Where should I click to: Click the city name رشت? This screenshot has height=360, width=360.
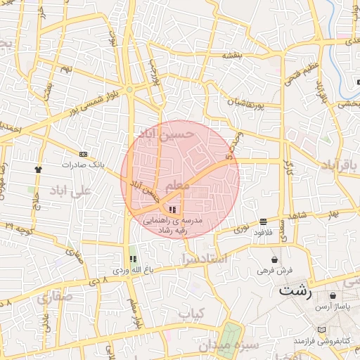point(295,290)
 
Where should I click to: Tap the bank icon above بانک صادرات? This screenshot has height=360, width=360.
point(84,154)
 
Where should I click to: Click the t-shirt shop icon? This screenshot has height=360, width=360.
point(38,169)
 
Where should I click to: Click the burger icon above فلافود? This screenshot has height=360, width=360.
point(263,221)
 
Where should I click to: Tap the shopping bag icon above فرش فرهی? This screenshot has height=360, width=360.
point(274,259)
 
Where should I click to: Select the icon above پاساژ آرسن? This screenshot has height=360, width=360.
point(333,296)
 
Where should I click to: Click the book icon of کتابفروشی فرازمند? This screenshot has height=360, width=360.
point(322,330)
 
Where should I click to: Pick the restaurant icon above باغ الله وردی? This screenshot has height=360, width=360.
point(133,259)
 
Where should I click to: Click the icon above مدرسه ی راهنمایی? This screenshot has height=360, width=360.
point(173,210)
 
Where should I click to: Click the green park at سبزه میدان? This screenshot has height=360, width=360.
point(233,337)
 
